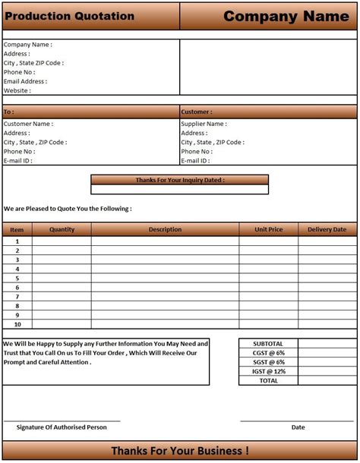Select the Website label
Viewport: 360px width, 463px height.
[x=17, y=90]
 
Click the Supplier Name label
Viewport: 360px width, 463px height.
[x=203, y=124]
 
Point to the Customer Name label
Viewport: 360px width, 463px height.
[x=28, y=124]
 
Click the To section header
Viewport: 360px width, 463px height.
[x=9, y=112]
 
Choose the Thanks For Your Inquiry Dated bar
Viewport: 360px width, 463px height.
[x=179, y=180]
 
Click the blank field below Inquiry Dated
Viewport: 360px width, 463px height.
[x=179, y=190]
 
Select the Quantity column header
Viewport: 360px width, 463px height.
[x=62, y=229]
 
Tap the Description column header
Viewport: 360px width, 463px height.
[x=165, y=229]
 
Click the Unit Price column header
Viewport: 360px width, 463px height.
[x=268, y=229]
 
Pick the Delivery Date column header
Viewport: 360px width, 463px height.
[x=327, y=229]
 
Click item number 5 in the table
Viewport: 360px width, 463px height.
[x=17, y=278]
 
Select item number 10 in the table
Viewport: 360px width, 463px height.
[x=17, y=324]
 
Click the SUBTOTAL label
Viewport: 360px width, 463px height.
[x=268, y=344]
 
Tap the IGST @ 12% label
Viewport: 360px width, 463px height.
[x=268, y=371]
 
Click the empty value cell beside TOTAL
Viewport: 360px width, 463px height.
[x=327, y=380]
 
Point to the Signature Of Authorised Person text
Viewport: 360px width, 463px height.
[x=62, y=427]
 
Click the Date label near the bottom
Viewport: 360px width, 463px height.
[x=298, y=427]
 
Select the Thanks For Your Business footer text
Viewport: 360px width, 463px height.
[x=179, y=451]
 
